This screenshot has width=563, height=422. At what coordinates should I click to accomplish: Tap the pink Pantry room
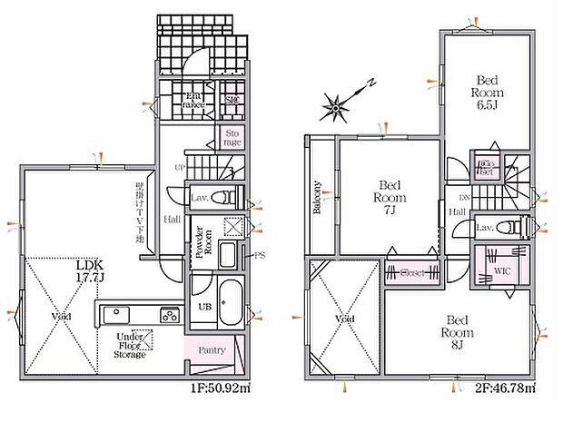pyautogui.click(x=206, y=348)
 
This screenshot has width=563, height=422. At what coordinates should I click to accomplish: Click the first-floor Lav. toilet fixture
pyautogui.click(x=229, y=197)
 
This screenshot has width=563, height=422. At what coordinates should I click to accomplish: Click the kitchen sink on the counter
pyautogui.click(x=115, y=315)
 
